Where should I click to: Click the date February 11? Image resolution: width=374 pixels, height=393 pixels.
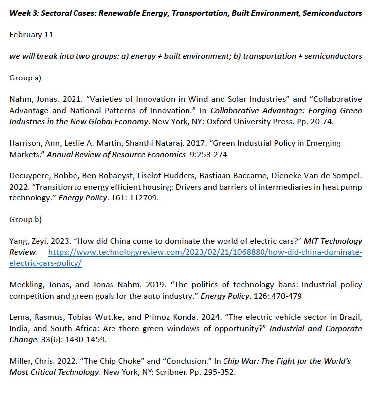pos(31,35)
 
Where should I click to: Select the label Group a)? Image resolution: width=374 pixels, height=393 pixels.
pos(26,78)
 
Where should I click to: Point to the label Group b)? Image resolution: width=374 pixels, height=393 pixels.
pos(26,220)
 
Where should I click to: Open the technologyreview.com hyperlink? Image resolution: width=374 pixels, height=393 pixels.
pos(205,252)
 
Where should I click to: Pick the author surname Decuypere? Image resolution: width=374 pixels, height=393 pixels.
pos(29,175)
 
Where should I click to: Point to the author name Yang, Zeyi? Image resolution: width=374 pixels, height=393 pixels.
pos(27,241)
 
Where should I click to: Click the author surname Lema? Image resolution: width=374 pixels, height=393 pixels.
pos(19,317)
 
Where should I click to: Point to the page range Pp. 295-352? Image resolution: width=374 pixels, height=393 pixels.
pos(216,372)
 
